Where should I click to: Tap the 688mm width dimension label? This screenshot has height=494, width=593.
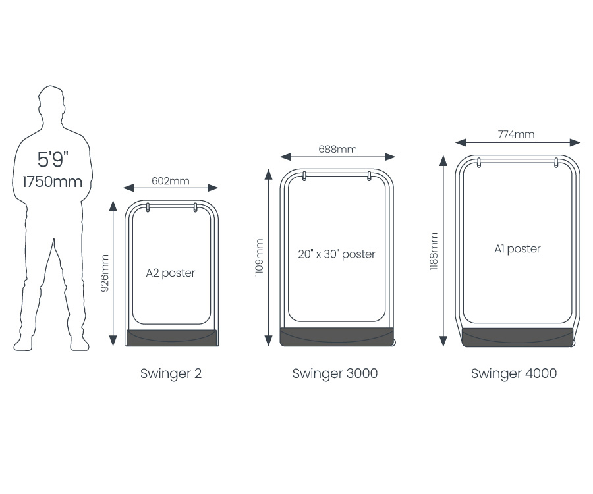[x=337, y=149]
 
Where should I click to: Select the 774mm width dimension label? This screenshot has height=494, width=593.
[x=517, y=134]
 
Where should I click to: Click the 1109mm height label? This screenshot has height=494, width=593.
[x=259, y=258]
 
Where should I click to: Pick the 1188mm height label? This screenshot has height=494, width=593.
[x=434, y=251]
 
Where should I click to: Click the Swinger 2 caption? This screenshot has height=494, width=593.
[x=171, y=373]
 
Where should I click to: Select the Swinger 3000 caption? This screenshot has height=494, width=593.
[x=335, y=373]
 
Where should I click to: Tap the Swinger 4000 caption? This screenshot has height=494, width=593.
[x=513, y=373]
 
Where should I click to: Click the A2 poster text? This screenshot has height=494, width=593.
[x=171, y=273]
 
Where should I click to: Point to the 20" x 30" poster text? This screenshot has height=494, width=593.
[x=336, y=254]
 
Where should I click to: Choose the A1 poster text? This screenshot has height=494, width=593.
[x=517, y=249]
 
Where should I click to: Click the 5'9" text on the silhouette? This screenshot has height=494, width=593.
[x=53, y=160]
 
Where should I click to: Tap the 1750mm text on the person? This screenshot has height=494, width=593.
[x=53, y=182]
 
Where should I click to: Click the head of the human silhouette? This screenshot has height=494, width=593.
[x=51, y=101]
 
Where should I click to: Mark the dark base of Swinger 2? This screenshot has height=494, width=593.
[x=171, y=338]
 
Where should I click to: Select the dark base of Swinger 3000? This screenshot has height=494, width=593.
[x=336, y=337]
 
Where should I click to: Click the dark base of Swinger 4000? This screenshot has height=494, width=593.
[x=517, y=337]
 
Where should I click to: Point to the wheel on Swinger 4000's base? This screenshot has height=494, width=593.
[x=573, y=343]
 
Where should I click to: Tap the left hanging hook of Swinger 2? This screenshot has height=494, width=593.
[x=148, y=207]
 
